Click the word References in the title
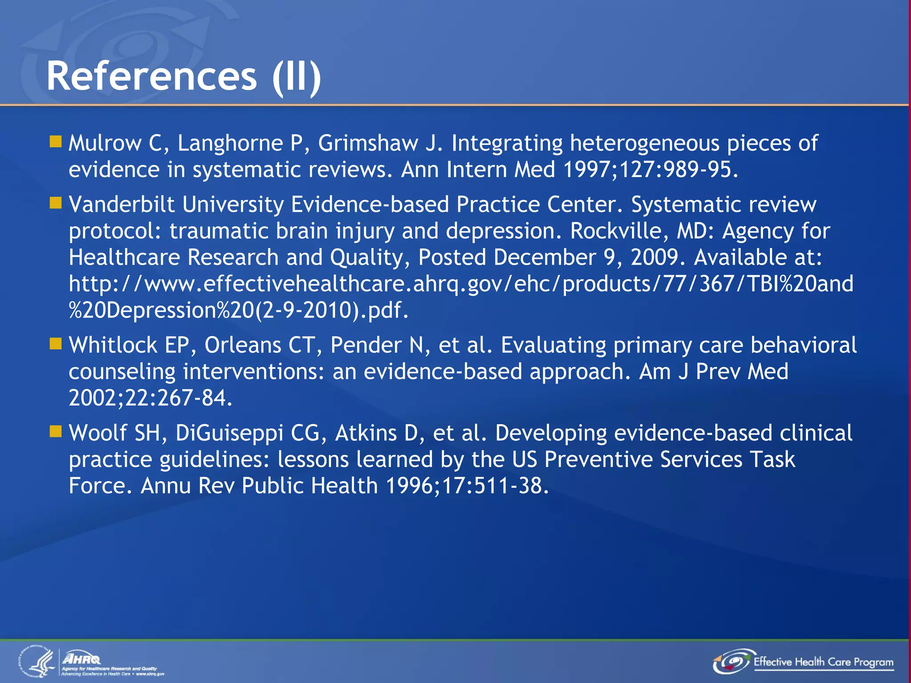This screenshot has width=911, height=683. (152, 76)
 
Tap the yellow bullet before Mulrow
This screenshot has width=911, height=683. (56, 142)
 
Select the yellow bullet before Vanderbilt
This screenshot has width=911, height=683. (56, 203)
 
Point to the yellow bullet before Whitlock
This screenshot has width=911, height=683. (56, 344)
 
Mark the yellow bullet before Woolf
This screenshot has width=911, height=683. (56, 431)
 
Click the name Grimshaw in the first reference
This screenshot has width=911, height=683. (367, 143)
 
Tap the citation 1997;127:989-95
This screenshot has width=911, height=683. (650, 169)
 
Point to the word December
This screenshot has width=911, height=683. (544, 257)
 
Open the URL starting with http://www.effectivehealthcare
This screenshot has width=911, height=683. (461, 284)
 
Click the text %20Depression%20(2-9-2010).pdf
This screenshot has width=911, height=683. (238, 310)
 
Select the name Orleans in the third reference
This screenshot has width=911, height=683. (243, 345)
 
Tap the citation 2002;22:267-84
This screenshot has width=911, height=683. (150, 398)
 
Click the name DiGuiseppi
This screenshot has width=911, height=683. (229, 433)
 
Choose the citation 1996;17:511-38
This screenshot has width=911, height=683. (467, 486)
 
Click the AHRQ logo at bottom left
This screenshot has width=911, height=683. (82, 659)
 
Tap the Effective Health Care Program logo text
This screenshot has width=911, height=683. (823, 662)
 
